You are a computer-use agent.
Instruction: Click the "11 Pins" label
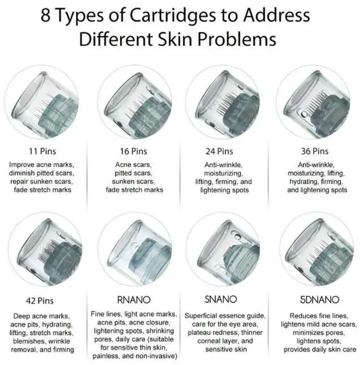click(x=42, y=151)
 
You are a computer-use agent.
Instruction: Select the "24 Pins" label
click(x=221, y=151)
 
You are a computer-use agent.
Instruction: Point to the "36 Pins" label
click(x=313, y=151)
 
